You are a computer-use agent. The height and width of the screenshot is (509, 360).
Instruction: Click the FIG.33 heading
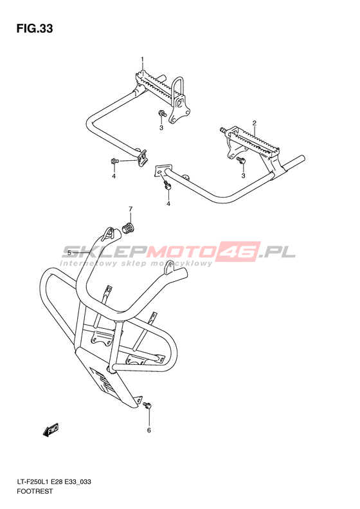pos(34,28)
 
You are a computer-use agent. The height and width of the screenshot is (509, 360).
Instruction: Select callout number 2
pos(255,123)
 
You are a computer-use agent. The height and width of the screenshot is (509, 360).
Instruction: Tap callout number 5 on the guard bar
pos(69,252)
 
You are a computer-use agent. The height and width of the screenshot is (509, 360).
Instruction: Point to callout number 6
pos(149,430)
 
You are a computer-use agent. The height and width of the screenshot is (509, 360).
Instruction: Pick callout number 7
pos(130,208)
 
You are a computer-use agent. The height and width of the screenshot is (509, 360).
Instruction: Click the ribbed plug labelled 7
pos(129,228)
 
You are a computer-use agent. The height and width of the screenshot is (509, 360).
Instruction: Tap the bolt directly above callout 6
pos(148,405)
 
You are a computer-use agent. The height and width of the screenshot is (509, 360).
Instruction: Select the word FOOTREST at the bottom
pos(34,491)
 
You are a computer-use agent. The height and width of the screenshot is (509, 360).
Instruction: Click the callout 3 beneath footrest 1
pos(161,128)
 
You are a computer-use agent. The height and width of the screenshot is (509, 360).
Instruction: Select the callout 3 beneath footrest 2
pos(243,176)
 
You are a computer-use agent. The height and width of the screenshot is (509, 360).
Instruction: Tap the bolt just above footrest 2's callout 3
pos(240,160)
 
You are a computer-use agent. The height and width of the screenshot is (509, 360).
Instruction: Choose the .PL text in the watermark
pos(280,251)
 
